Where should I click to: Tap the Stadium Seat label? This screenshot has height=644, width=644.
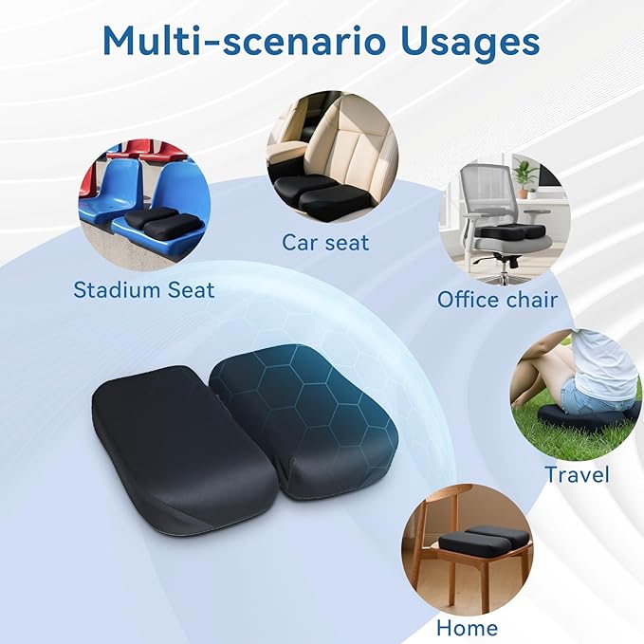[x=144, y=288]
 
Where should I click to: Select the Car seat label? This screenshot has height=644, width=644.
[x=325, y=242]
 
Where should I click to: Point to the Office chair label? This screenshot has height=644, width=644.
[x=497, y=300]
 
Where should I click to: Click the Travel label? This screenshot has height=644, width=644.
[x=577, y=473]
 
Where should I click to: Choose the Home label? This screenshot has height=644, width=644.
[x=467, y=627]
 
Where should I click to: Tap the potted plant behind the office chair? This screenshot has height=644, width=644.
[x=524, y=175]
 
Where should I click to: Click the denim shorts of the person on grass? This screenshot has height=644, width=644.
[x=580, y=394]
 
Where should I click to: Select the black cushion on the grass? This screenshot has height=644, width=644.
[x=583, y=418]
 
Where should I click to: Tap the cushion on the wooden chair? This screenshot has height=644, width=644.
[x=484, y=541]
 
